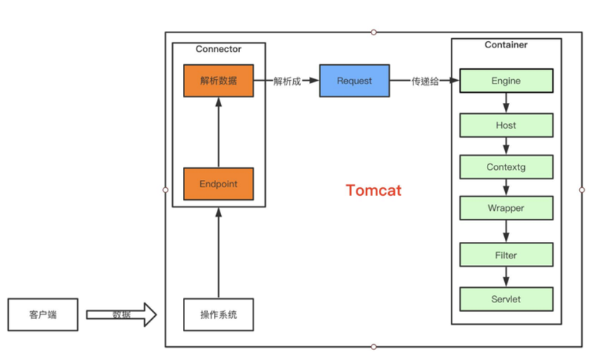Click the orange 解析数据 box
218,81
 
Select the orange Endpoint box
218,184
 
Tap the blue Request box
354,81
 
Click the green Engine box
506,81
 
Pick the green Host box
506,125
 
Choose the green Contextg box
506,167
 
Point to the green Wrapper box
506,208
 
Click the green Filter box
506,255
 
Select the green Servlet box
506,298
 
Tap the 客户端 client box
42,315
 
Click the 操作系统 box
218,315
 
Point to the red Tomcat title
373,191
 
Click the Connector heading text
218,49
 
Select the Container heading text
506,45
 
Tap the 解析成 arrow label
287,81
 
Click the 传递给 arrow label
425,81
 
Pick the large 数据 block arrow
121,315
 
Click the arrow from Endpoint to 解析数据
218,132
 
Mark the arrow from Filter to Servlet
506,276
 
